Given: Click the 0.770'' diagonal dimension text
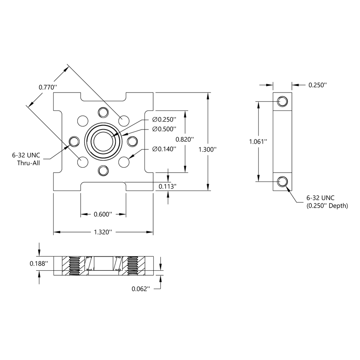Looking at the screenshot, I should [x=47, y=87].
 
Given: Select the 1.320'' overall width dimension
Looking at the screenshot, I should [x=103, y=233].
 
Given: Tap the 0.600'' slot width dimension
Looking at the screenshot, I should [x=103, y=214].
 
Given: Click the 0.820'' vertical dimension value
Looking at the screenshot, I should [x=184, y=140].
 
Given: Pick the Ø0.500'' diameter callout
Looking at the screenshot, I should [x=164, y=129].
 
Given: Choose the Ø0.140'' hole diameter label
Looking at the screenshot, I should [x=164, y=149].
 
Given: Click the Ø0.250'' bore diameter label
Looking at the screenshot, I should [x=164, y=120].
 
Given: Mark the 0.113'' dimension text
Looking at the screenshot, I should [x=168, y=187].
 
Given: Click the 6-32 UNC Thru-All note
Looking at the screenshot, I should [x=26, y=159].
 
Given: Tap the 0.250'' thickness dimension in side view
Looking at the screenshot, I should [x=318, y=85].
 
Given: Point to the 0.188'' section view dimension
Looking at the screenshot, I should [x=39, y=264].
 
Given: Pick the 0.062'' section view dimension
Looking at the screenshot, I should [x=140, y=289].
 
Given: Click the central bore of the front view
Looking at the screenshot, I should [x=103, y=141].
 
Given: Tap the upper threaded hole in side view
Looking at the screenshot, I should [x=283, y=101].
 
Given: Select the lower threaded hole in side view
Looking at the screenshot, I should [x=283, y=181].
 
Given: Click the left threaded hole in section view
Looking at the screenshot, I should [x=74, y=265].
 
